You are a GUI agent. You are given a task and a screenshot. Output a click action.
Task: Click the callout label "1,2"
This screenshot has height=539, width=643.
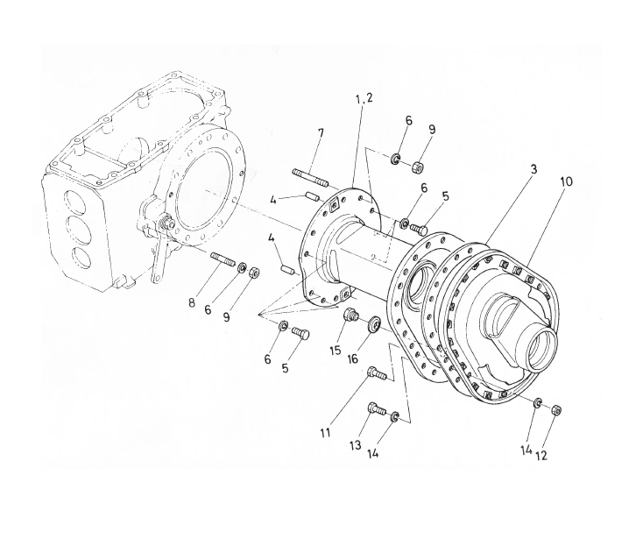click(364, 99)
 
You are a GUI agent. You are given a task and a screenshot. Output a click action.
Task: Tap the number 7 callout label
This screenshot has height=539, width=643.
click(321, 133)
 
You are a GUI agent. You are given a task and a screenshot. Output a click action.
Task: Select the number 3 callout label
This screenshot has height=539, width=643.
click(533, 169)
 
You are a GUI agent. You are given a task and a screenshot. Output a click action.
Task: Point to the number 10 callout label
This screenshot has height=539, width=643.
click(566, 181)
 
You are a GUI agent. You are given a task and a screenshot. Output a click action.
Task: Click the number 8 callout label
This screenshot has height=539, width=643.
click(192, 303)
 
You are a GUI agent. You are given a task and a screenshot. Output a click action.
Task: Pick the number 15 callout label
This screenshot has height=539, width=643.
click(336, 350)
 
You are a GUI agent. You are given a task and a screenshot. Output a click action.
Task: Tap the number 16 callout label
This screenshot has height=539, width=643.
click(353, 358)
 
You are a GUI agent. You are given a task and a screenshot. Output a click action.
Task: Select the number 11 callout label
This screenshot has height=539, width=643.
click(326, 433)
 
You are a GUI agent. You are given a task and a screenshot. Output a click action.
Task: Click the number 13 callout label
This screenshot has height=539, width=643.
click(356, 444)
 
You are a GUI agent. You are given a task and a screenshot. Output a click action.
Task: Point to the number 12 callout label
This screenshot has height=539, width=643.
click(541, 456)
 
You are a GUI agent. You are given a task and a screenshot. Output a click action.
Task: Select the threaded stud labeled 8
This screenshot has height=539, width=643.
click(223, 260)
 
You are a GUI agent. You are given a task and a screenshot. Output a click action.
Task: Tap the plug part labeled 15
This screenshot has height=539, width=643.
click(350, 316)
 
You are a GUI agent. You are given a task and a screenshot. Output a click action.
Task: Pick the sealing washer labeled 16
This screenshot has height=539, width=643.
click(373, 324)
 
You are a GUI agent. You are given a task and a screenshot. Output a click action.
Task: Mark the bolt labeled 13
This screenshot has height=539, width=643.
click(378, 408)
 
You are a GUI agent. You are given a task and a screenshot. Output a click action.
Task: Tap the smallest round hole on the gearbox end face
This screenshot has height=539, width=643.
click(81, 258)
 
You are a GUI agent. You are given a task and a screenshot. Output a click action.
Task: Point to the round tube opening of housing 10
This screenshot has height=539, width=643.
click(543, 346)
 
